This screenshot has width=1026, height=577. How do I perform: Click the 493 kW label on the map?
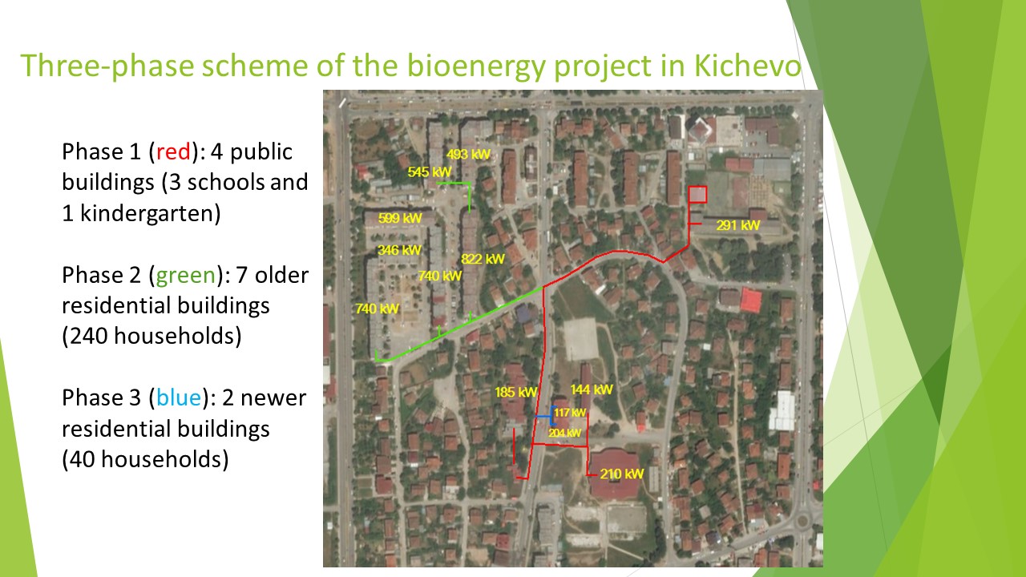point(468,155)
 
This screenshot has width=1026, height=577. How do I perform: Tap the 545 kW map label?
point(430,171)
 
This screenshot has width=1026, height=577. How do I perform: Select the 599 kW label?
point(400,217)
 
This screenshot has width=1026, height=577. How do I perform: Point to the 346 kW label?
point(399,250)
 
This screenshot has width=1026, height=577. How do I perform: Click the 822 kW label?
point(483,259)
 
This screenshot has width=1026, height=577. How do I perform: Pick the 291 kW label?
point(738,225)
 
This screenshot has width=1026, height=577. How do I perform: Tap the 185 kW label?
point(515,392)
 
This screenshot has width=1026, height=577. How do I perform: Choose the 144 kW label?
point(592,389)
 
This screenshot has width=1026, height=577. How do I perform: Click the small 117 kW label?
point(570,413)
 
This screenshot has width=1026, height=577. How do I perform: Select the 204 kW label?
point(565,433)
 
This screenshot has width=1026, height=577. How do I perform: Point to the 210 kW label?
point(621,474)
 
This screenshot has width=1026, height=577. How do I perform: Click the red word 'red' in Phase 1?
point(173,151)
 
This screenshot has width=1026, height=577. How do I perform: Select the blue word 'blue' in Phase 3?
point(179,397)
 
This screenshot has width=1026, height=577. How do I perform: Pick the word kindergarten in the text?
point(150,214)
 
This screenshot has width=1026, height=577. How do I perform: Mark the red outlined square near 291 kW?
point(697,194)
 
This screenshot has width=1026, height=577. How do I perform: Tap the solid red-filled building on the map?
point(751,300)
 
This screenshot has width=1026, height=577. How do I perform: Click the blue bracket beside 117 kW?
point(552,416)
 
